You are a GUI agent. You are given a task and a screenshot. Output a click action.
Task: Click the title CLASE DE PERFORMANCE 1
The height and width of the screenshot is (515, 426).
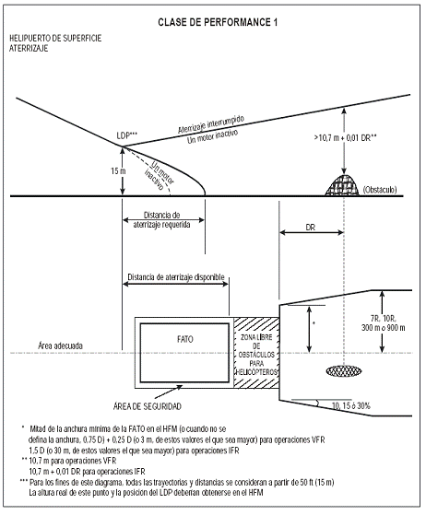click(218, 22)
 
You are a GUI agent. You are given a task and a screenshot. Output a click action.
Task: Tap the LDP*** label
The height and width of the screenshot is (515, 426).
click(127, 135)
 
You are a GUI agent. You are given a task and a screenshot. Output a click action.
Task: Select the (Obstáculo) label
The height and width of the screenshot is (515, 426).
click(380, 190)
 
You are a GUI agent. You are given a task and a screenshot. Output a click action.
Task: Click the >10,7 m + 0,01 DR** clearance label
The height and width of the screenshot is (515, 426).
click(345, 138)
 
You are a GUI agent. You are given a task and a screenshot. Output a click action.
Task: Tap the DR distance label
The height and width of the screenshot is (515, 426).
click(311, 228)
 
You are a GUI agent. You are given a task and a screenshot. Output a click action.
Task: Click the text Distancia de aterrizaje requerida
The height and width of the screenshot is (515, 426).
click(161, 220)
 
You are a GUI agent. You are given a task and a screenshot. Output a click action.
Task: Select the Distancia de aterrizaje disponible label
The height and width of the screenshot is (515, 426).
click(176, 277)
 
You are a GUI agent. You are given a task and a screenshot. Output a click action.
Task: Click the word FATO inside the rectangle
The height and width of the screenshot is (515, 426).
click(185, 339)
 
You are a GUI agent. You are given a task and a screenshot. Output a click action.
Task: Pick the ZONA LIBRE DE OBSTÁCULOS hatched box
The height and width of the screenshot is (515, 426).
click(256, 353)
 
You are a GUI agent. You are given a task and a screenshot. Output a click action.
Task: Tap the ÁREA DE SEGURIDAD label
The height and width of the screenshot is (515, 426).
click(148, 406)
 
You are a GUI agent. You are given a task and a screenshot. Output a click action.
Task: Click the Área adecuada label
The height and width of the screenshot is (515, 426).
click(61, 345)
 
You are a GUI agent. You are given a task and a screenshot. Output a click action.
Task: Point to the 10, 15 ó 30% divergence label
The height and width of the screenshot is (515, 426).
click(351, 406)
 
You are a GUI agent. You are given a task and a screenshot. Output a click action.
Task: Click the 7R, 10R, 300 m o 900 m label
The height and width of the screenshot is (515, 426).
click(384, 322)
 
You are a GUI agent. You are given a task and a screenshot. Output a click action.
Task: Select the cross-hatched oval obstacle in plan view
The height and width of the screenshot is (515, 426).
click(344, 371)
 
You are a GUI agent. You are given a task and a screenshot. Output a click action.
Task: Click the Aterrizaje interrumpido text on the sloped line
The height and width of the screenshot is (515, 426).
click(211, 123)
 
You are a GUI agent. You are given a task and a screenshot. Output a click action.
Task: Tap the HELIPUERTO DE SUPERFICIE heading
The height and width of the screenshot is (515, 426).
click(55, 38)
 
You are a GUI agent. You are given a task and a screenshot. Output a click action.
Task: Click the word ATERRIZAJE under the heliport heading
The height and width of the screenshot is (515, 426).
click(29, 48)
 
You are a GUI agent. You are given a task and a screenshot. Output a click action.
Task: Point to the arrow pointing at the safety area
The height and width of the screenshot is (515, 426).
click(170, 391)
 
